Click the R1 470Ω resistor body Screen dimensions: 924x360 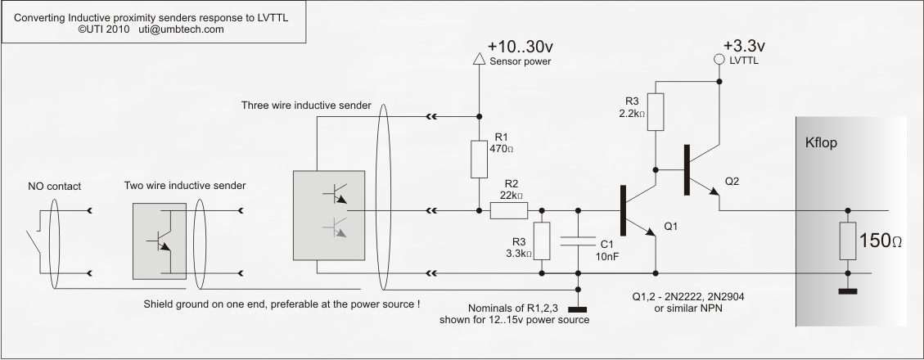pyautogui.click(x=479, y=159)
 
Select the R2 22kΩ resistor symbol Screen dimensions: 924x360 pyautogui.click(x=508, y=210)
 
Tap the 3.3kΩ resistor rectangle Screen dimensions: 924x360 pyautogui.click(x=542, y=241)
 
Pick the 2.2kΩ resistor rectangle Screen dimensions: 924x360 pyautogui.click(x=656, y=112)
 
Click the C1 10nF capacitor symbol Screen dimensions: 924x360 pyautogui.click(x=578, y=241)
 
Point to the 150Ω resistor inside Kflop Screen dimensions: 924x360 pyautogui.click(x=848, y=241)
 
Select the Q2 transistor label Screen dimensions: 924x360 pyautogui.click(x=732, y=182)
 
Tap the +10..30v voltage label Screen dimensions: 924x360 pyautogui.click(x=521, y=47)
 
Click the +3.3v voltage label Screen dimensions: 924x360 pyautogui.click(x=744, y=46)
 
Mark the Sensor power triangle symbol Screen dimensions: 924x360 pyautogui.click(x=479, y=58)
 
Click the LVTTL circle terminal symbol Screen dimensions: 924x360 pyautogui.click(x=719, y=59)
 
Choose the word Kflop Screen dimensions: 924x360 pyautogui.click(x=821, y=143)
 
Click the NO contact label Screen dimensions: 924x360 pyautogui.click(x=55, y=187)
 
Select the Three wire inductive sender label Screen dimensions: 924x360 pyautogui.click(x=306, y=106)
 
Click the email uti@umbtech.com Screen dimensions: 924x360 pyautogui.click(x=182, y=29)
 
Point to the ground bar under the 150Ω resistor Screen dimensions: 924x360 pyautogui.click(x=848, y=291)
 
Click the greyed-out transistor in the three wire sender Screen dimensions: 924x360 pyautogui.click(x=336, y=227)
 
